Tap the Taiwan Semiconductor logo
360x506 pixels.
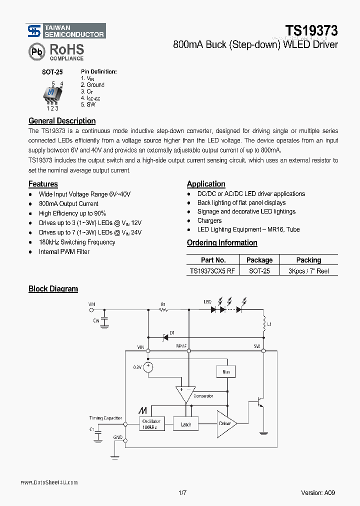pyautogui.click(x=65, y=31)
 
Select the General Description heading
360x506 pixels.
pyautogui.click(x=62, y=120)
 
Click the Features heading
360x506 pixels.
pyautogui.click(x=43, y=184)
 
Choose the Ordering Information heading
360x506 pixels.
pyautogui.click(x=222, y=243)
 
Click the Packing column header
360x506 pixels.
pyautogui.click(x=308, y=260)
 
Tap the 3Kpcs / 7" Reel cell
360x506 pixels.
pyautogui.click(x=308, y=271)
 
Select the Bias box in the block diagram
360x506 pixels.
pyautogui.click(x=225, y=371)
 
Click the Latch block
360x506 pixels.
pyautogui.click(x=186, y=424)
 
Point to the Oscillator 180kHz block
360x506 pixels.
pyautogui.click(x=152, y=424)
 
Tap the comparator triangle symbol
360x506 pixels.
pyautogui.click(x=184, y=394)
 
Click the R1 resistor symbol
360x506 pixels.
pyautogui.click(x=163, y=310)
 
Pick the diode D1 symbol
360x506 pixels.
pyautogui.click(x=164, y=336)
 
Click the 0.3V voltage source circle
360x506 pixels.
pyautogui.click(x=148, y=367)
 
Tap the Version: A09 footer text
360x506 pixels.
pyautogui.click(x=318, y=492)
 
